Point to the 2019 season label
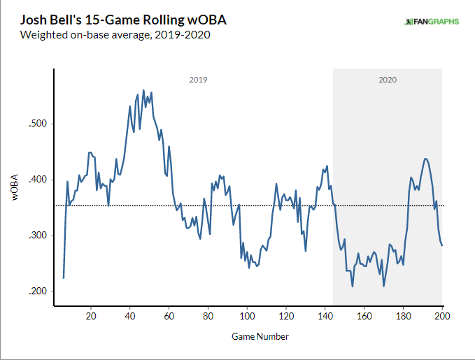coord(198,80)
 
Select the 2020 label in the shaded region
coord(388,80)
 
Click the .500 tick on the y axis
coord(36,124)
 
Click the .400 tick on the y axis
coord(36,180)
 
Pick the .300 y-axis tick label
coord(36,236)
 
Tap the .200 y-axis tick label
coord(36,291)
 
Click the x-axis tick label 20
coord(91,316)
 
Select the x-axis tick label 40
coord(129,316)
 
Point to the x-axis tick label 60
coord(169,316)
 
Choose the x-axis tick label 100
coord(246,316)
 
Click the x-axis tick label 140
coord(325,316)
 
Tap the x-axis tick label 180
coord(402,316)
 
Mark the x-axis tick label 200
coord(441,316)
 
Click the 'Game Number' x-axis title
coord(260,336)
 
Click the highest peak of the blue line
coord(143,90)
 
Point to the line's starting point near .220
coord(64,278)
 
